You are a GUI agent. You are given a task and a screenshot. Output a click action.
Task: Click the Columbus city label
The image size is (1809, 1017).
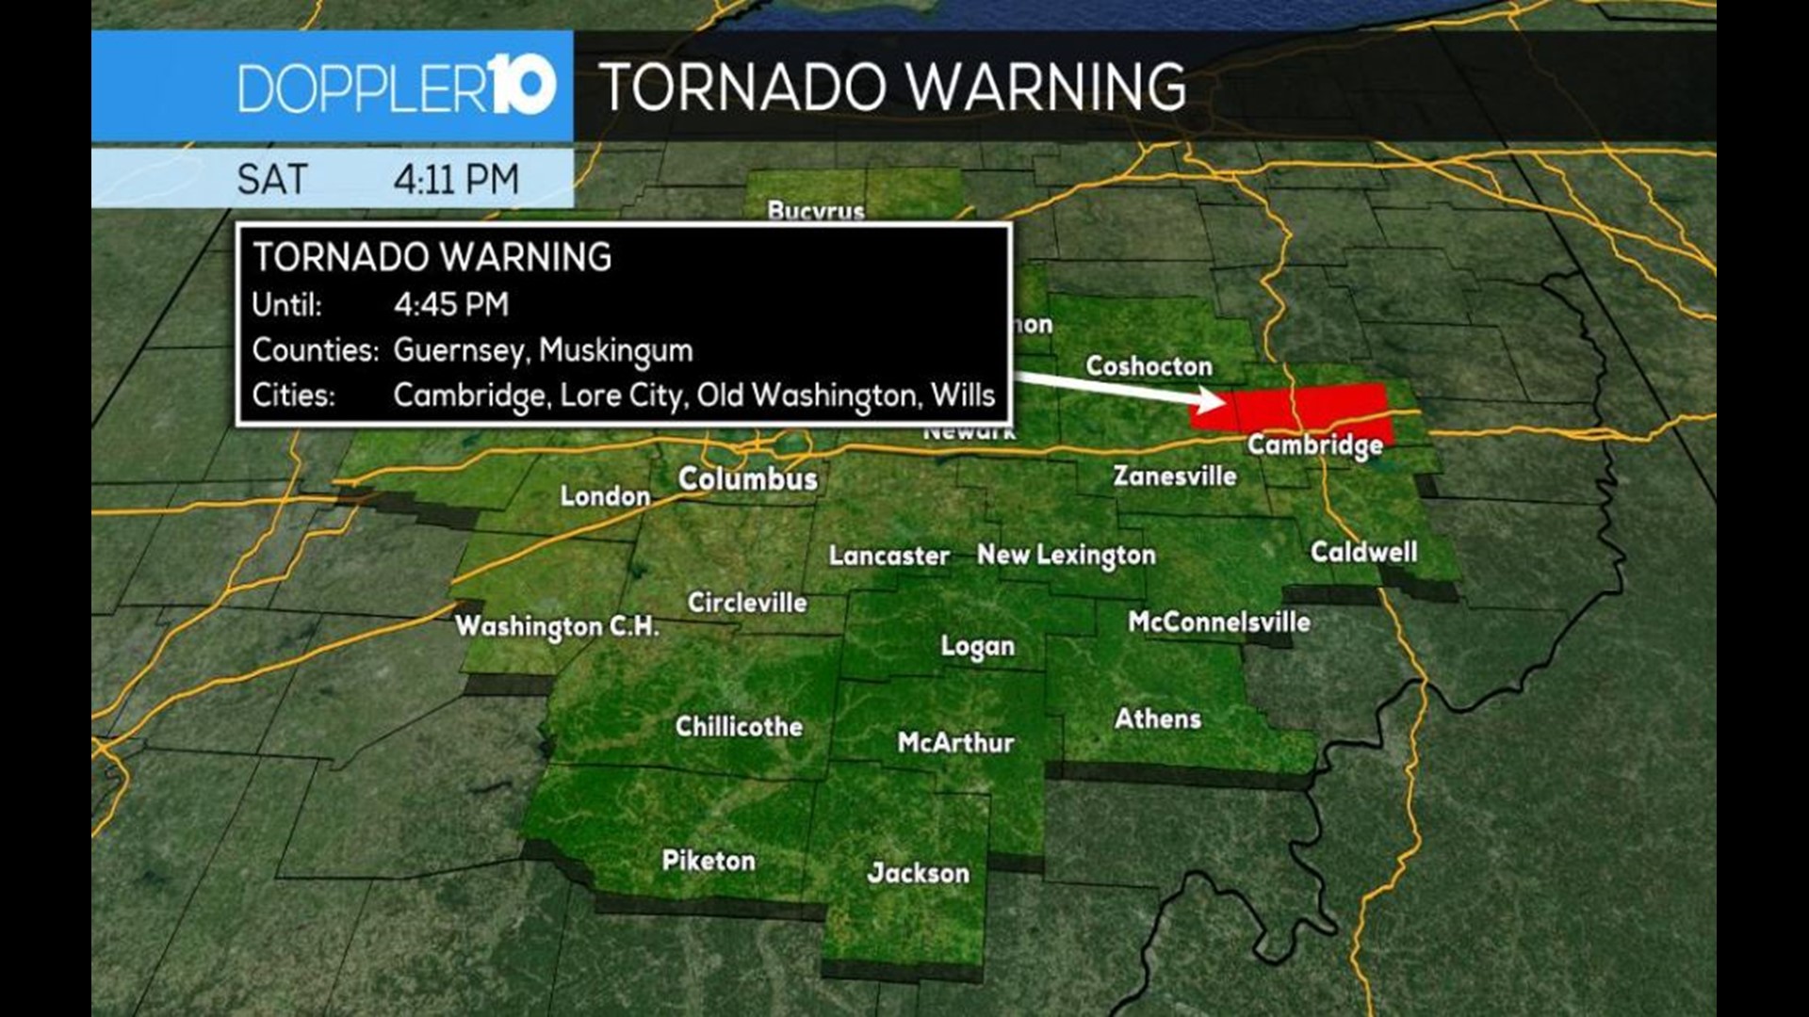point(747,479)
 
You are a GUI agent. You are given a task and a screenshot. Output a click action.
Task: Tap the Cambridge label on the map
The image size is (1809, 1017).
point(1315,444)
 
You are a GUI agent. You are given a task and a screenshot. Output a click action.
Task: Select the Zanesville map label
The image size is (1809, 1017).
point(1175,476)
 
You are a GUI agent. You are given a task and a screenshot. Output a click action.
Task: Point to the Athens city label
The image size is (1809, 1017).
point(1158,718)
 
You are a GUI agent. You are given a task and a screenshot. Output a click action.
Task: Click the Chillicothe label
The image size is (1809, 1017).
point(739,726)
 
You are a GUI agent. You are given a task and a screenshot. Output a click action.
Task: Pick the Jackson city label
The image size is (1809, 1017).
point(918,873)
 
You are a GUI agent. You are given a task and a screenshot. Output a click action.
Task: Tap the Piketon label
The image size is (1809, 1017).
point(709,860)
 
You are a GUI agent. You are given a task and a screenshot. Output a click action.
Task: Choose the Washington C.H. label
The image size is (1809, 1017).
point(557,626)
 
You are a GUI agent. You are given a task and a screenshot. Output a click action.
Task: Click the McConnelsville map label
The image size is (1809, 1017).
point(1219,621)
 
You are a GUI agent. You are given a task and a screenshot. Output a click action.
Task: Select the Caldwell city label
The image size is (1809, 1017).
point(1363,552)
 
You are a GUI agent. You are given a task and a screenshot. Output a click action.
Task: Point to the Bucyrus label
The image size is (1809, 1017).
point(816,211)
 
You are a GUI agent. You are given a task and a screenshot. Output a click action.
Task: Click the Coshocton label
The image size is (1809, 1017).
point(1149,365)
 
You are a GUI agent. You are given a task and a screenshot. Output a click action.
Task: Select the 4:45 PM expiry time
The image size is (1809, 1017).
point(451,304)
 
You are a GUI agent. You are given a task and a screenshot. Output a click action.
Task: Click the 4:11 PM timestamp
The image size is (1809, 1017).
point(456,179)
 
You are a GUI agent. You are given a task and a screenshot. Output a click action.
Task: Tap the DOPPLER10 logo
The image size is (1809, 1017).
point(397,87)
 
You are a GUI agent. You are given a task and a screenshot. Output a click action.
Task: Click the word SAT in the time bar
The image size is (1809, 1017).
point(272,179)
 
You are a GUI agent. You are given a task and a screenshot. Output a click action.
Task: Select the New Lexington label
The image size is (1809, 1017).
point(1066,556)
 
